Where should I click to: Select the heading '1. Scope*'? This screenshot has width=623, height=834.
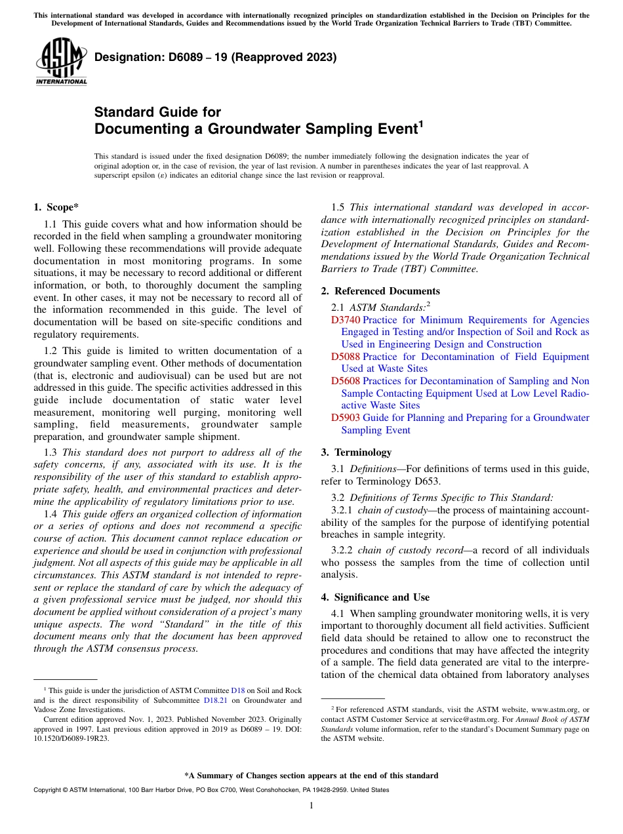click(56, 207)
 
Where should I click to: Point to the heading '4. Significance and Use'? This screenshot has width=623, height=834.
click(375, 597)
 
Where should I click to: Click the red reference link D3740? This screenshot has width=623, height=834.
click(345, 320)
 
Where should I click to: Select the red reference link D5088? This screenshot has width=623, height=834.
click(345, 357)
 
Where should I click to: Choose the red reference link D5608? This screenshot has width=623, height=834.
click(345, 381)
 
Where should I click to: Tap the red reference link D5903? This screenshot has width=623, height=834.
click(345, 418)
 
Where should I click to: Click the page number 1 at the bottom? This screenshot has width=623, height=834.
click(311, 805)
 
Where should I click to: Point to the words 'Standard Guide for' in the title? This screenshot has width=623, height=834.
click(157, 112)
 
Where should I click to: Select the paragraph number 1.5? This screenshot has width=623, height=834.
click(338, 208)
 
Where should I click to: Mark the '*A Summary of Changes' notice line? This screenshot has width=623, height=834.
click(311, 776)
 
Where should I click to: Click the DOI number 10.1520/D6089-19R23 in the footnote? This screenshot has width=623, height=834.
click(71, 738)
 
